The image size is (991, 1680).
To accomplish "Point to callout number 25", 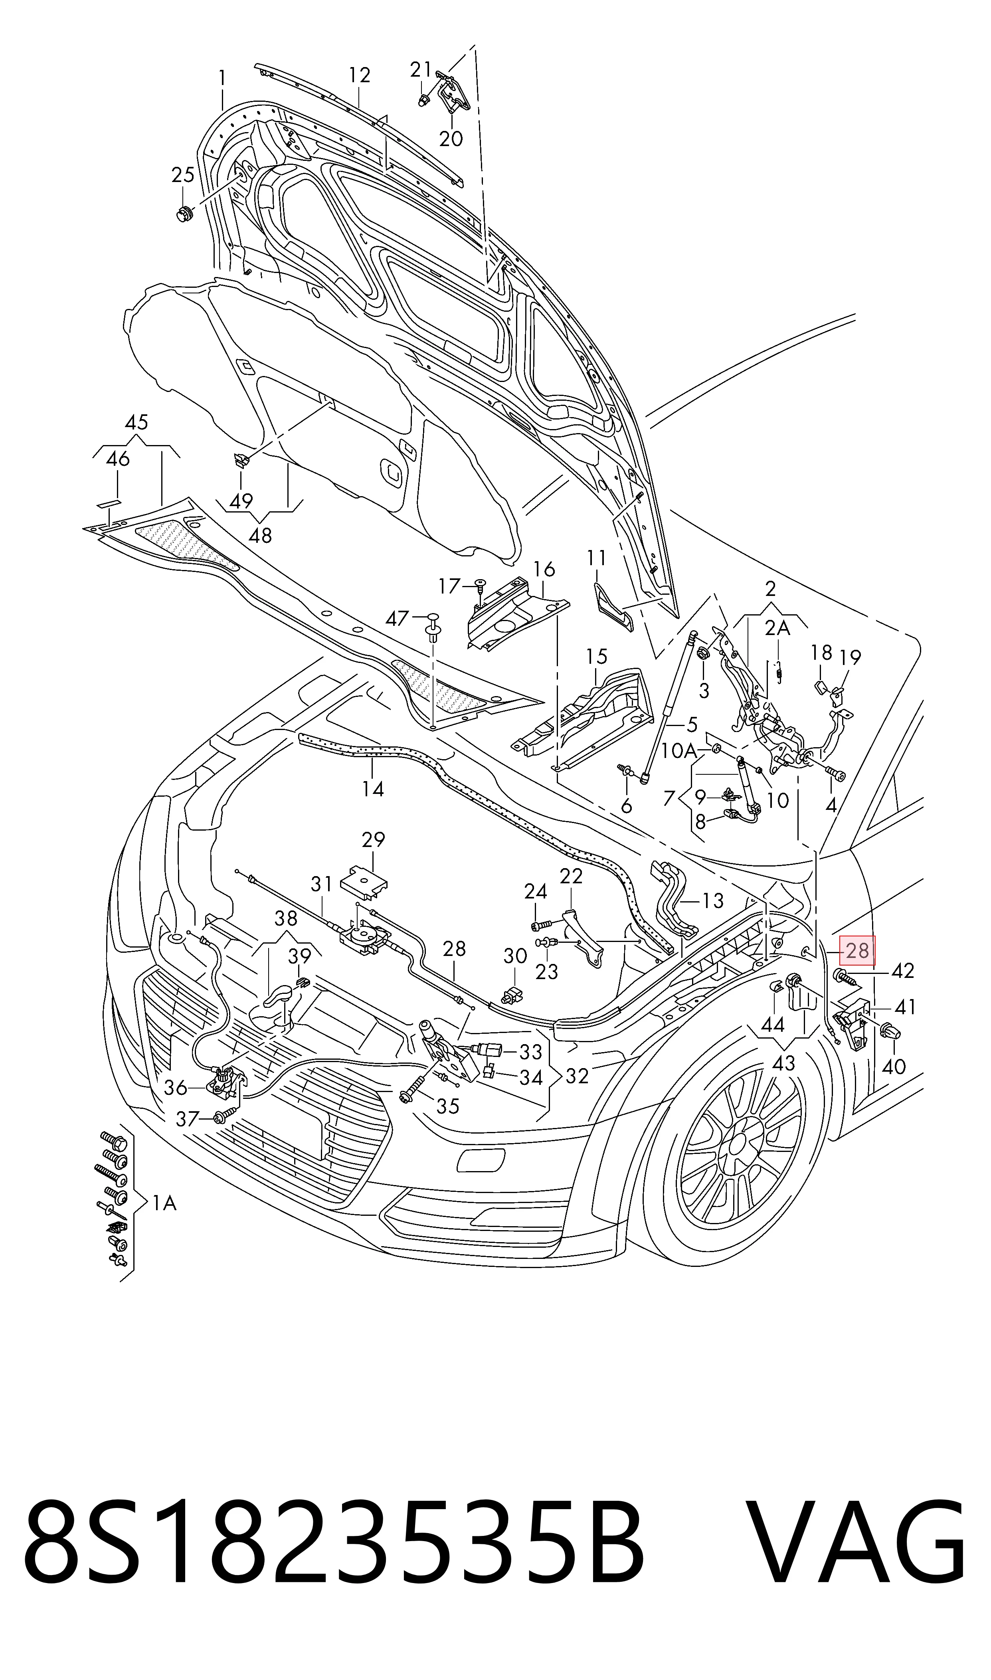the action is tap(183, 175).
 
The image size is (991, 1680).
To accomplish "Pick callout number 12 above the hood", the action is tap(359, 75).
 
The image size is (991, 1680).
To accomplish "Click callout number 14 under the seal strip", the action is tap(373, 789).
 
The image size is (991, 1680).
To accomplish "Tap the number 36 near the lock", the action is tap(176, 1088).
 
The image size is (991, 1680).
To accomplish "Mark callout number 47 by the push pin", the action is tap(398, 618).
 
